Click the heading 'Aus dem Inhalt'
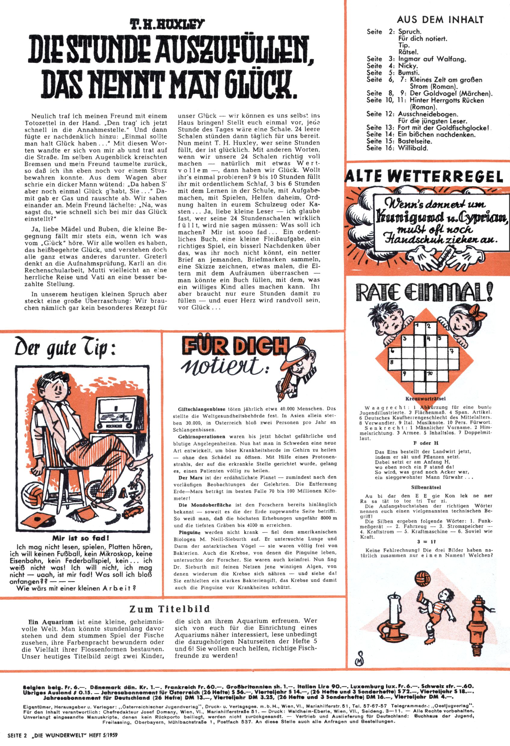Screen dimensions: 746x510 point(440,20)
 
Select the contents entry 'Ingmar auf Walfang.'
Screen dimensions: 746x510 point(432,59)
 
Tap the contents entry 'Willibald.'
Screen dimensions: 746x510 point(413,148)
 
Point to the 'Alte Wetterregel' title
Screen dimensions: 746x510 point(424,177)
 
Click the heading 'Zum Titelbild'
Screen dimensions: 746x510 point(170,609)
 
